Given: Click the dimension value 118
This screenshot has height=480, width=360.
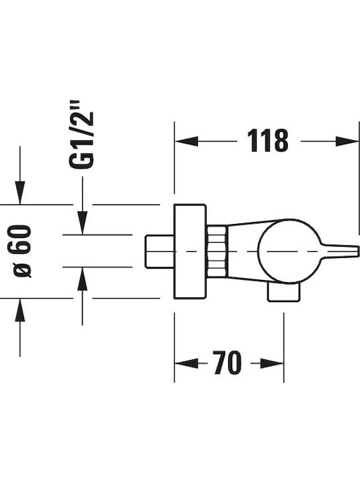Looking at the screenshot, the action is point(268,141).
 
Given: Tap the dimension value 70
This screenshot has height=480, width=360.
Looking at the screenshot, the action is point(227,363).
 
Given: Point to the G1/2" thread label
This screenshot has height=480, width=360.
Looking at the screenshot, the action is point(81,135).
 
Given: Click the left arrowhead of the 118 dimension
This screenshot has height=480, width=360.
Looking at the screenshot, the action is point(187,141).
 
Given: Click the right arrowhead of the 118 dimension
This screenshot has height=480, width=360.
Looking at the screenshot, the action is point(347,141).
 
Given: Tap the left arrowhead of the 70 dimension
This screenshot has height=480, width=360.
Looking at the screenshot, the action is point(187,363).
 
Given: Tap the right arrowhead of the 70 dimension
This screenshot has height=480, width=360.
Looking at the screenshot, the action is point(272,363).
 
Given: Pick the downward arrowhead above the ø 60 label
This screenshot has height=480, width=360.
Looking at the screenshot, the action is point(20,193).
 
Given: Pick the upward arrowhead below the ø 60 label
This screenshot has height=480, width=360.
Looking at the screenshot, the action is point(20,310).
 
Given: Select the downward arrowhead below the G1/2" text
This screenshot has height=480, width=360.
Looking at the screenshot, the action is point(83,223).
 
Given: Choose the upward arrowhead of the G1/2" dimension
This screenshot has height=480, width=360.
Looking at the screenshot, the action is point(83,279).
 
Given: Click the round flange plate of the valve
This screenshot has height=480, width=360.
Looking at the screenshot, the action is point(190,251).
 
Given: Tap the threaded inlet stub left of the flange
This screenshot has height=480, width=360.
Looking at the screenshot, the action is point(159,251).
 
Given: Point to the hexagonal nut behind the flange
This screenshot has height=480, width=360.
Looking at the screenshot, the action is point(217,251).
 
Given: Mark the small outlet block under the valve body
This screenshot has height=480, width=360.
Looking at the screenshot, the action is point(284,292).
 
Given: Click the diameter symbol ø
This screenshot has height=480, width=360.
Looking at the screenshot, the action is point(23,271).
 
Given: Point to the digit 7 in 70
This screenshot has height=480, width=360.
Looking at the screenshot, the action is point(219,363).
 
